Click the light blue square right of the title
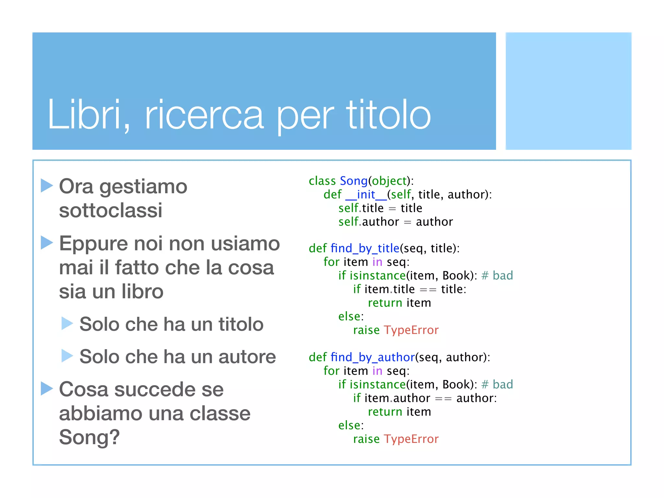pyautogui.click(x=568, y=91)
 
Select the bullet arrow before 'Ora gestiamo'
pyautogui.click(x=47, y=185)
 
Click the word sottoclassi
pyautogui.click(x=111, y=210)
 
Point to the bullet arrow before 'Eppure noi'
pyautogui.click(x=47, y=243)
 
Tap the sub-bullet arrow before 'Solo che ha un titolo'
pyautogui.click(x=67, y=323)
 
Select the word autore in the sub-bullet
pyautogui.click(x=247, y=357)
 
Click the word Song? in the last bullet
pyautogui.click(x=89, y=437)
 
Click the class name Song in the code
pyautogui.click(x=353, y=181)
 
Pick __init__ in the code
pyautogui.click(x=366, y=195)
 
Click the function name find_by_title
pyautogui.click(x=365, y=248)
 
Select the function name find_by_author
pyautogui.click(x=373, y=357)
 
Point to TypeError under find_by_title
pyautogui.click(x=411, y=330)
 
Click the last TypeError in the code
pyautogui.click(x=411, y=439)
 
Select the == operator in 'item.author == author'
pyautogui.click(x=443, y=398)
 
